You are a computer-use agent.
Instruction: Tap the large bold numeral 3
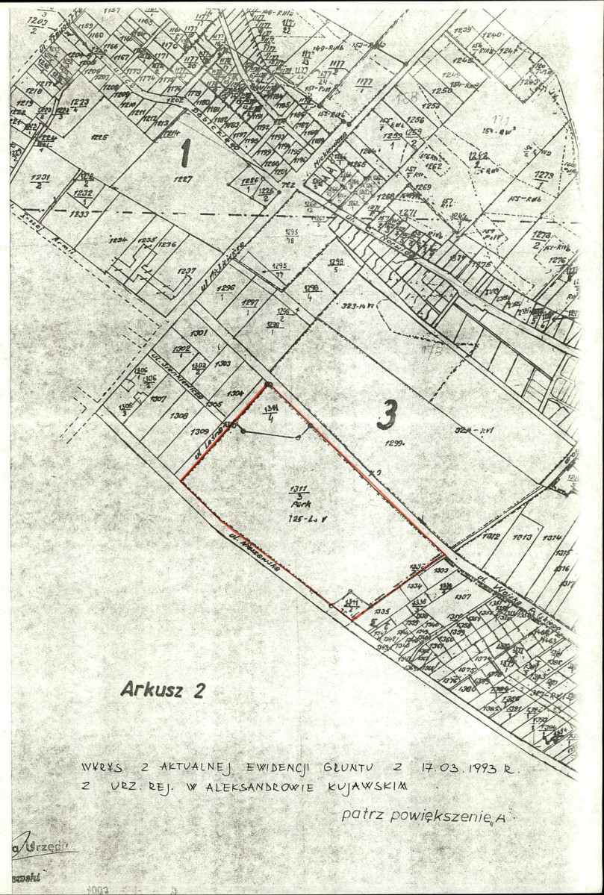[384, 416]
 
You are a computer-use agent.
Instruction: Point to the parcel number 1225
[99, 137]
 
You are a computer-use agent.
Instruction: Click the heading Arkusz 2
[161, 690]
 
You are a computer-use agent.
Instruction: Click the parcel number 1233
[80, 214]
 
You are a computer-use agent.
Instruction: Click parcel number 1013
[523, 537]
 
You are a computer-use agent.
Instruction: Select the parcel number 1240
[491, 35]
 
